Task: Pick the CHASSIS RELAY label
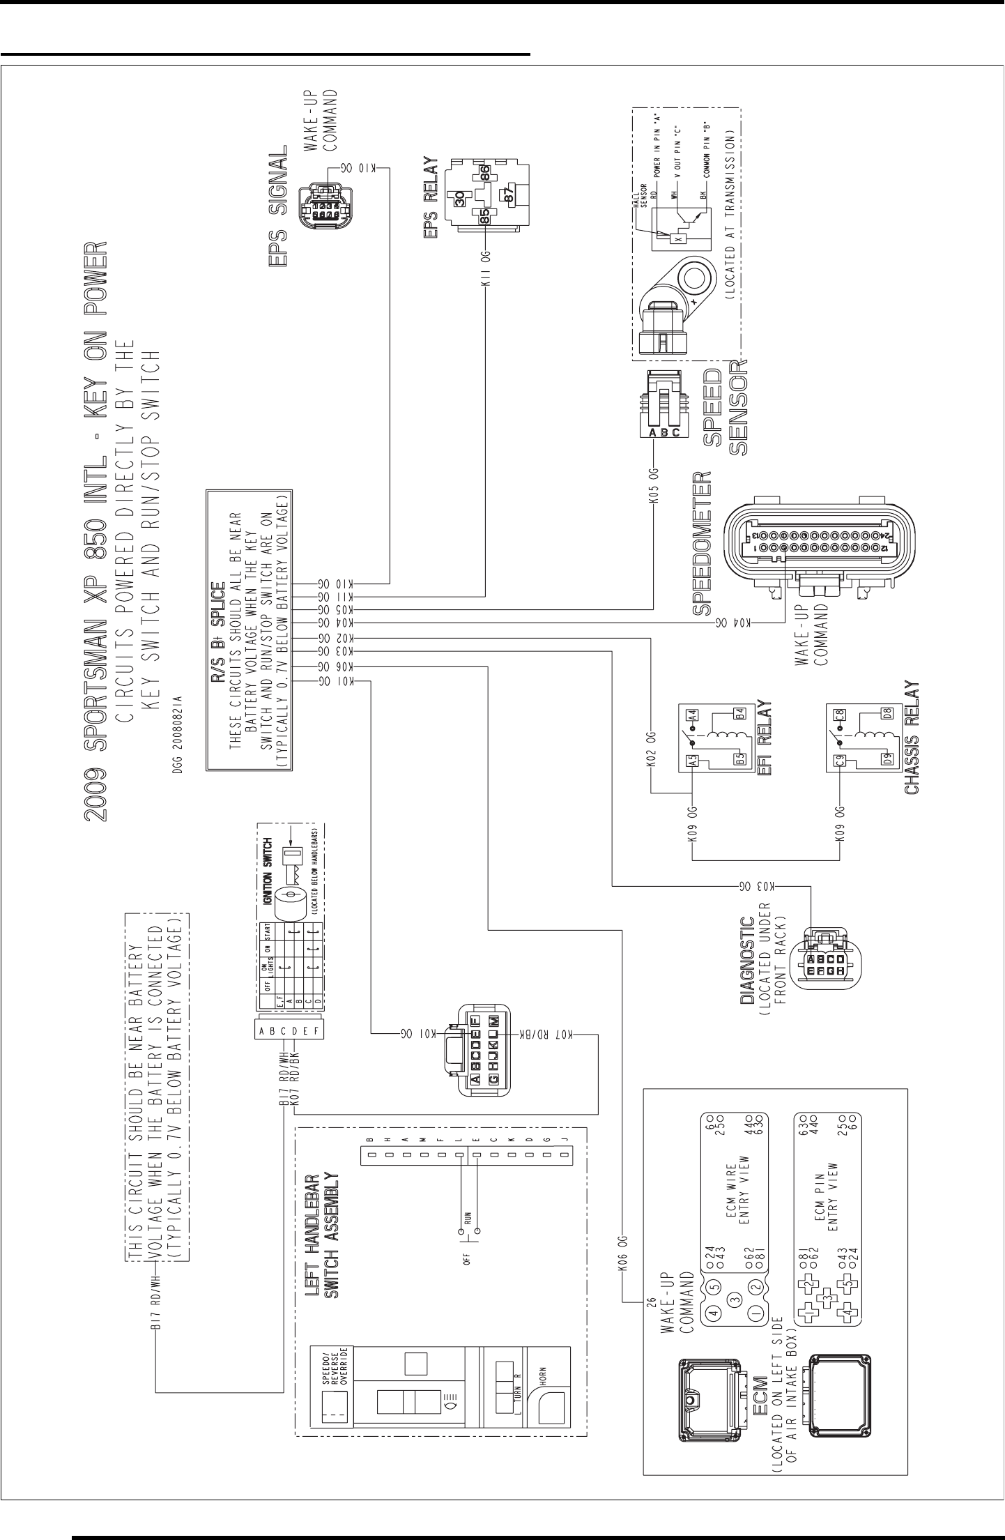coord(913,738)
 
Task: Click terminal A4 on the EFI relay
coord(692,716)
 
